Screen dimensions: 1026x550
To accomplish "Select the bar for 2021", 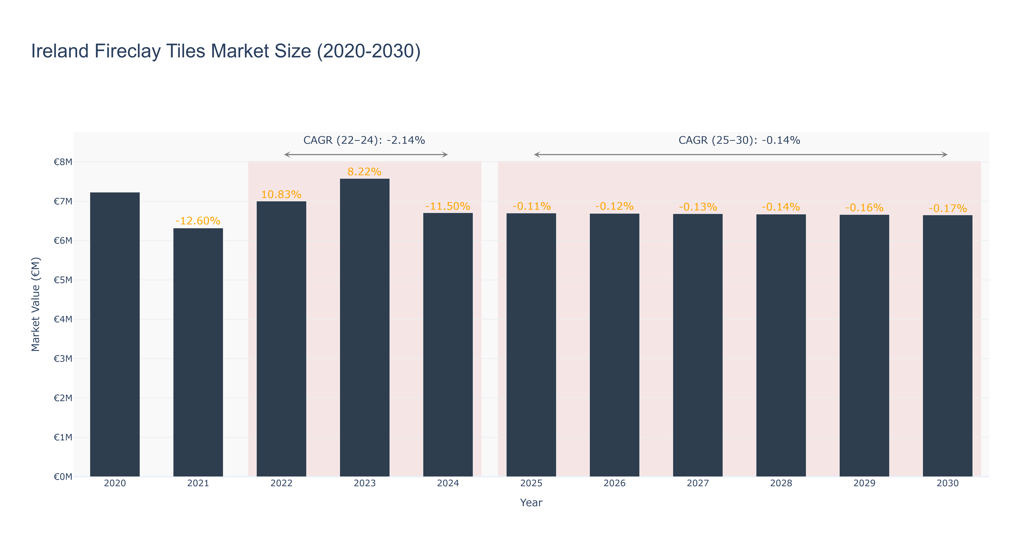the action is [x=198, y=352].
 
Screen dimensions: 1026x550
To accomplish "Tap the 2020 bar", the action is [x=115, y=334].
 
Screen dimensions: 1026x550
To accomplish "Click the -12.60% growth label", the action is [x=198, y=221].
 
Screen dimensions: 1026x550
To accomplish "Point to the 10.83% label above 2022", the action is [x=281, y=195].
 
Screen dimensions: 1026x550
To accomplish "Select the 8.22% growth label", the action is [x=364, y=172].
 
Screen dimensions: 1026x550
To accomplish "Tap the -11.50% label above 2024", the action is [x=448, y=206].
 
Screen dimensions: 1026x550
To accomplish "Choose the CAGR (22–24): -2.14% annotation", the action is [x=364, y=140].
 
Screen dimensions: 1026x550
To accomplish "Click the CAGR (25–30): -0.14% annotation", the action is [x=739, y=140].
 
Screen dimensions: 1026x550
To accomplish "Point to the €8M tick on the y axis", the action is [x=63, y=162].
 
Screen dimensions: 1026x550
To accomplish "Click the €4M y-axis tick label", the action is [x=63, y=319].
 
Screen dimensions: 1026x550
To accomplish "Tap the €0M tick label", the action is [x=63, y=477].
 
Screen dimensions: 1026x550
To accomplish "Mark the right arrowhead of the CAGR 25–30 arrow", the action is [x=945, y=155].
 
